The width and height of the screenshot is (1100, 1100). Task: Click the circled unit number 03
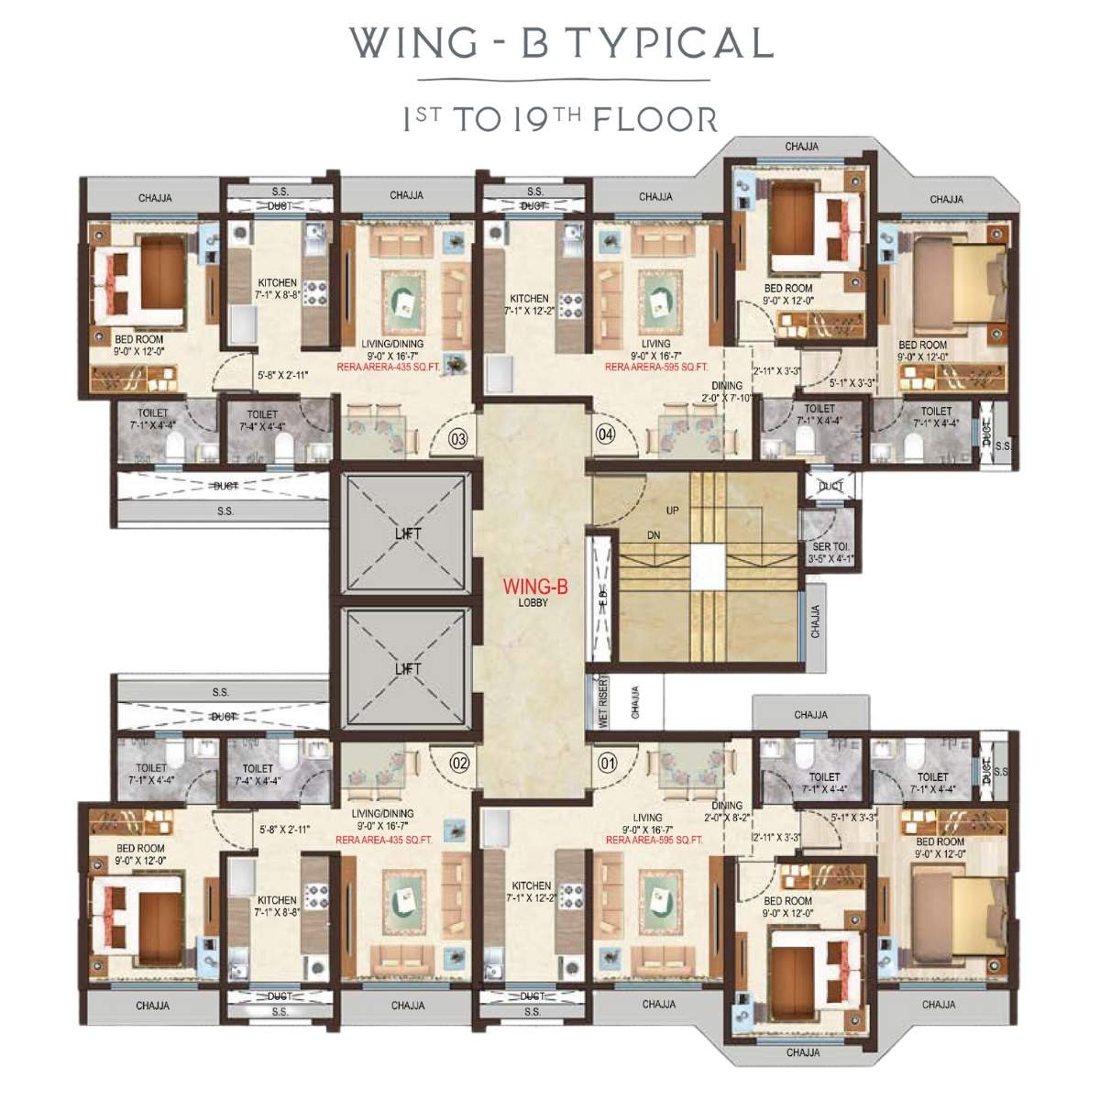click(x=458, y=439)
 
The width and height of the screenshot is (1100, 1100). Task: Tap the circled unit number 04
click(x=605, y=434)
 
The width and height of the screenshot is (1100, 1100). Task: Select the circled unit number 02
click(x=460, y=762)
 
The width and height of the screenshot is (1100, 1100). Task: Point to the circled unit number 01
click(x=606, y=761)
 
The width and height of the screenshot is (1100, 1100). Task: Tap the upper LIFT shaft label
click(x=408, y=533)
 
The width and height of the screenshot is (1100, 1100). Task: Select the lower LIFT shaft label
click(x=408, y=669)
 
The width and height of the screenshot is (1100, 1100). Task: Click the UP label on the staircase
click(x=673, y=511)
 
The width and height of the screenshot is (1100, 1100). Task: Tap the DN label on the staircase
click(x=654, y=534)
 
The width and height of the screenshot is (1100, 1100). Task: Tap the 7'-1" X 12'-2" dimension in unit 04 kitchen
click(x=529, y=311)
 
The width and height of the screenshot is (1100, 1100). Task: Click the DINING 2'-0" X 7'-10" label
click(x=727, y=391)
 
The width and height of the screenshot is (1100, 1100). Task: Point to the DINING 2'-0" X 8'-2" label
click(x=727, y=811)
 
